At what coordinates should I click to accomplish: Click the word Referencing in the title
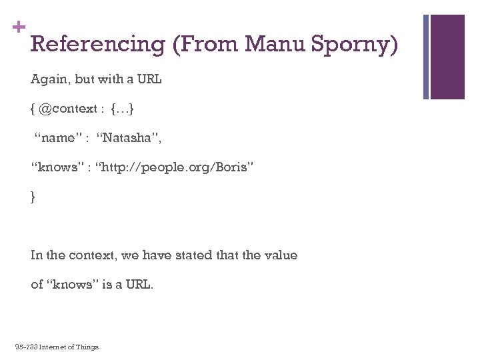[x=97, y=45]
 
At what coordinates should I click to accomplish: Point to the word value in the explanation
[x=281, y=255]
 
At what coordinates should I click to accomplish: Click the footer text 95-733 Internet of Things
[x=57, y=347]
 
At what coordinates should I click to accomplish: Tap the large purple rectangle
[x=447, y=57]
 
